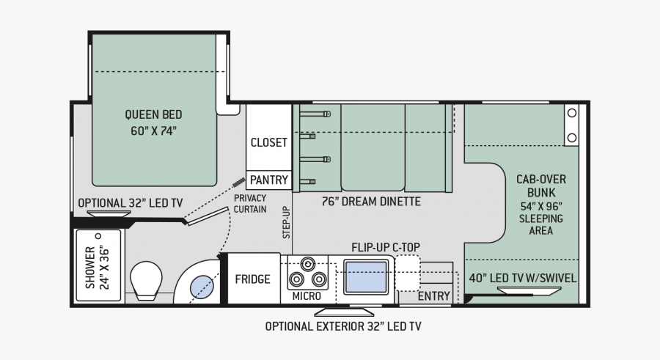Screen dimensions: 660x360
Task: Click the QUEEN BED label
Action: [154, 122]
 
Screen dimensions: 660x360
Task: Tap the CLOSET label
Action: [269, 142]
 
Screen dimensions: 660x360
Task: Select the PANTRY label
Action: [269, 180]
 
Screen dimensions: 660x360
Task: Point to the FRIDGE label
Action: [252, 279]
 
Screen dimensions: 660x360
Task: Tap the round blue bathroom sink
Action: [202, 287]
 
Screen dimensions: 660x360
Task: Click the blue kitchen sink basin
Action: [366, 277]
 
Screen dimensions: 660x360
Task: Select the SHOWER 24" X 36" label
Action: [98, 268]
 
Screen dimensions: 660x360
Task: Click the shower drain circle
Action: [98, 236]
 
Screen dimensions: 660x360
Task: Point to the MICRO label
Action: [307, 296]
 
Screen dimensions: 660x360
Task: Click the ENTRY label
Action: [433, 296]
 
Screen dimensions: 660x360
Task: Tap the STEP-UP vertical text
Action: [286, 222]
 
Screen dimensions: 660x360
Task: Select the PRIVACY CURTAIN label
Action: [250, 203]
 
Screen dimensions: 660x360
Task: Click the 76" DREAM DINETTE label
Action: [371, 202]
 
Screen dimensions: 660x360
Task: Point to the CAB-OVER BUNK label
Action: [541, 185]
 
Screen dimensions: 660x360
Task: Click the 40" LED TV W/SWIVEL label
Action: [523, 278]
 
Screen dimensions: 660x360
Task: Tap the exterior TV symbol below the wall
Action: [345, 312]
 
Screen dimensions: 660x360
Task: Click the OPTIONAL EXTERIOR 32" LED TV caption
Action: [343, 326]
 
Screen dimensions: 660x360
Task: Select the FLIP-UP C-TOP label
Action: [386, 247]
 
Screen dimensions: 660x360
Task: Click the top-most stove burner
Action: [308, 264]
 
